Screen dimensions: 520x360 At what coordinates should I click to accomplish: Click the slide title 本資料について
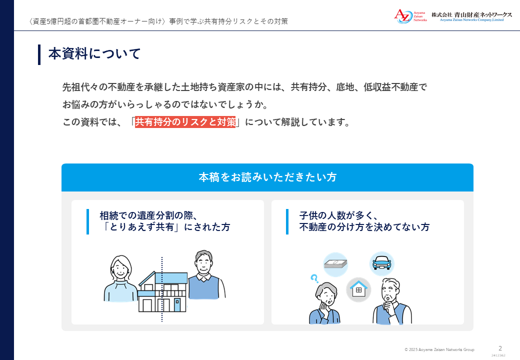94,53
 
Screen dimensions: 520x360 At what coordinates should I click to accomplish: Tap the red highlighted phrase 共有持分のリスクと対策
185,122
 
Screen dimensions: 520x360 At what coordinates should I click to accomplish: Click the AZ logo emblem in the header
403,16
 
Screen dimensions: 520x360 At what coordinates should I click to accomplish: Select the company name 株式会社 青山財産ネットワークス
471,14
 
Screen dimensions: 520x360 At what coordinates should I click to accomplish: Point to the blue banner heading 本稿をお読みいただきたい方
267,177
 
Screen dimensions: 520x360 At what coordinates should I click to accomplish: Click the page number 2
500,348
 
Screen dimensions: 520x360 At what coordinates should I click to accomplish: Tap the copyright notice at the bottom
439,349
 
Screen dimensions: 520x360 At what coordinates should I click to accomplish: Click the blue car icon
381,263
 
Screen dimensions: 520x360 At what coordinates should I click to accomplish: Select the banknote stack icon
335,264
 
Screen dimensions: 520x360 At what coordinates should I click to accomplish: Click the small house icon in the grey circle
358,289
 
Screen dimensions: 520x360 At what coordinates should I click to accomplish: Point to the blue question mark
314,278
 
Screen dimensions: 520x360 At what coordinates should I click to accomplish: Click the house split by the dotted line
162,291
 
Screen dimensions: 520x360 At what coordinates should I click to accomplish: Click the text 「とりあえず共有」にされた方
165,227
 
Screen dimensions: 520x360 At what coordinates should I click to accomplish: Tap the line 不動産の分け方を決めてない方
364,227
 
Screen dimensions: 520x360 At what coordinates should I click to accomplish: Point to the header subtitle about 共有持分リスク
158,21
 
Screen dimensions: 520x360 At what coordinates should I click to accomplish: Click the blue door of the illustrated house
177,305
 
